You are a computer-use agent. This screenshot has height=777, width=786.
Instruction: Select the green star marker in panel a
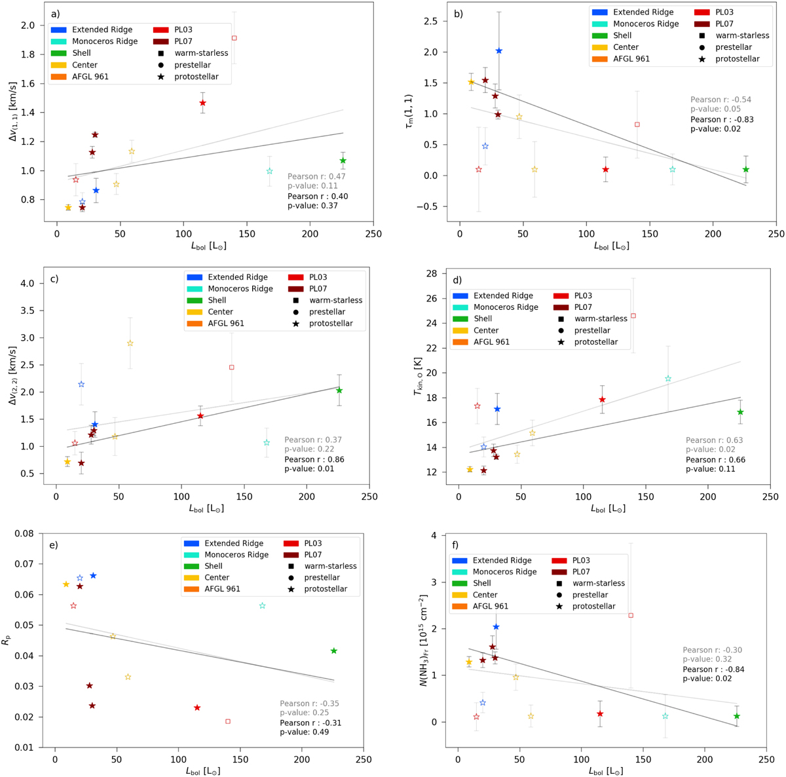pyautogui.click(x=343, y=161)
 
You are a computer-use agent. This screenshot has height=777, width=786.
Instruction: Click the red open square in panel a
pyautogui.click(x=234, y=38)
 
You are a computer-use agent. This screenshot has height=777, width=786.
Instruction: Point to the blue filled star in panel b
pyautogui.click(x=498, y=51)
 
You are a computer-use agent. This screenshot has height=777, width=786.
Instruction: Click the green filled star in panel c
pyautogui.click(x=339, y=390)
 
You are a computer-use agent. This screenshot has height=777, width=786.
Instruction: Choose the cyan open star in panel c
pyautogui.click(x=267, y=443)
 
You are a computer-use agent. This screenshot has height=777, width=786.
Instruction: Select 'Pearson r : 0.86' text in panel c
pyautogui.click(x=313, y=459)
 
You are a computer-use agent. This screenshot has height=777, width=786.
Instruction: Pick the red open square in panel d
pyautogui.click(x=633, y=316)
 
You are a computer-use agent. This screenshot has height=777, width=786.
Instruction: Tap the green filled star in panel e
pyautogui.click(x=334, y=651)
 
